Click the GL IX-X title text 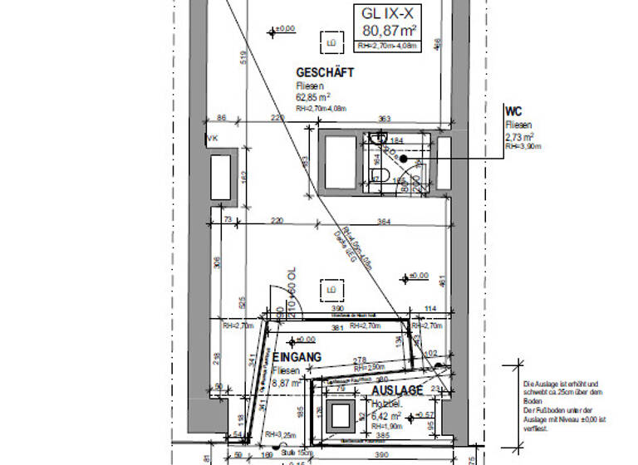(388, 14)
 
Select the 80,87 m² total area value (388, 32)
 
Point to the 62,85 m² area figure (314, 96)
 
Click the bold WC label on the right (513, 111)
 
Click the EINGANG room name (297, 358)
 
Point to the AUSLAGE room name (397, 390)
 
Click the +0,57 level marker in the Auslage (426, 414)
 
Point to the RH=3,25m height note (280, 434)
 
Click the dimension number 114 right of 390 (429, 309)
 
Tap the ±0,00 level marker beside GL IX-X (282, 30)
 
